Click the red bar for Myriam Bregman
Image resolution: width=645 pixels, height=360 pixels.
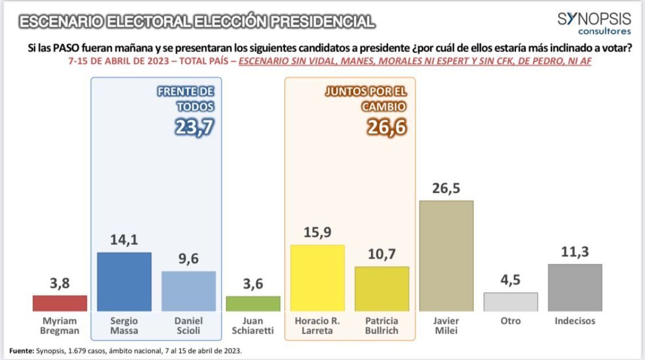click(60, 303)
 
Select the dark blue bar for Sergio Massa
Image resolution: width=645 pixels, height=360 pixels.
click(124, 281)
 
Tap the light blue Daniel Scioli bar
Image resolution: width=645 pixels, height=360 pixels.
click(189, 291)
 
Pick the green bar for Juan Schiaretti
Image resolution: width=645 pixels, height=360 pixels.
click(253, 304)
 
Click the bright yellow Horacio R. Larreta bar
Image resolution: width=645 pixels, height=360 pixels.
click(317, 278)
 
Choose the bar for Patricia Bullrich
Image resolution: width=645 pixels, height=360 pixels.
click(382, 289)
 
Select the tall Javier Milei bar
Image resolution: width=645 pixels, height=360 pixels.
click(446, 256)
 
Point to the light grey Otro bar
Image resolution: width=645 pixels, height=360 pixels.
click(511, 301)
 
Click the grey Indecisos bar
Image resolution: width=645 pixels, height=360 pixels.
click(575, 287)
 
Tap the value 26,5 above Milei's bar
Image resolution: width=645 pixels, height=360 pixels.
click(446, 189)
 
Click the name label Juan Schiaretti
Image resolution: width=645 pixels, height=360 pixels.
click(253, 326)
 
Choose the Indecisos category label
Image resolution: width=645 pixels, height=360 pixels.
click(575, 321)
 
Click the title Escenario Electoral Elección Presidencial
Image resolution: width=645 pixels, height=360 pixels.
click(196, 22)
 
